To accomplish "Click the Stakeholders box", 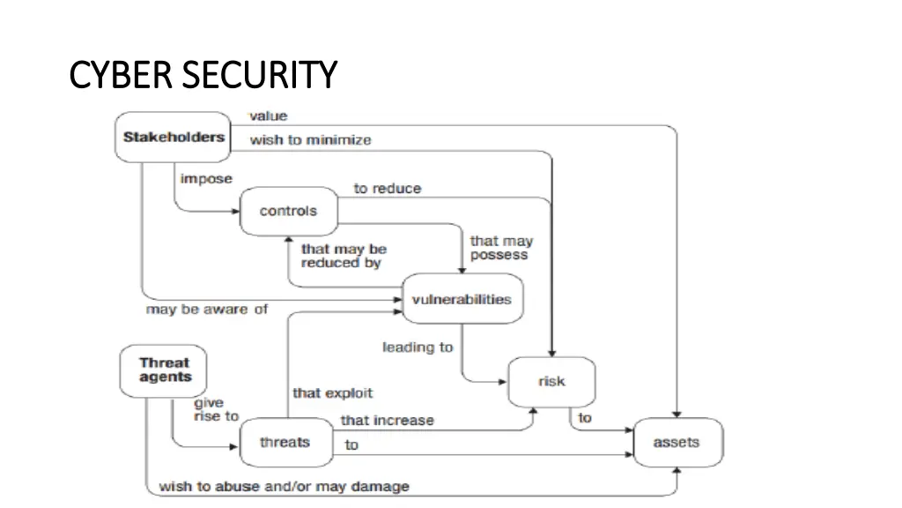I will pos(174,137).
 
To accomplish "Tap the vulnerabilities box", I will pos(462,299).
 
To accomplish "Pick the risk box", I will pos(551,381).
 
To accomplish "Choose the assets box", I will pos(676,442).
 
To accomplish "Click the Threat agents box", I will pos(165,370).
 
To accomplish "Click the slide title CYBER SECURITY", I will pos(203,74).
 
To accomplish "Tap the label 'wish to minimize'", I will pos(310,139).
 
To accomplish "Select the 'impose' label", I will pos(206,178).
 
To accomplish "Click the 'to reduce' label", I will pos(387,188).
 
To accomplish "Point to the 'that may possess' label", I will pos(500,247).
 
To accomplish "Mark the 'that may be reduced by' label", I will pos(344,256).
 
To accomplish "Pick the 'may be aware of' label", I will pos(207,310).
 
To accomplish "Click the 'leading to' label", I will pos(417,347).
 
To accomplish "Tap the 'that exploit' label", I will pos(332,392).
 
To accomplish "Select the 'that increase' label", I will pos(387,421).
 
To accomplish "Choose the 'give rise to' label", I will pos(215,409).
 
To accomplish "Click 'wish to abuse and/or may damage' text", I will pos(284,486).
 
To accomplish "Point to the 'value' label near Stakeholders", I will pos(268,116).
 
